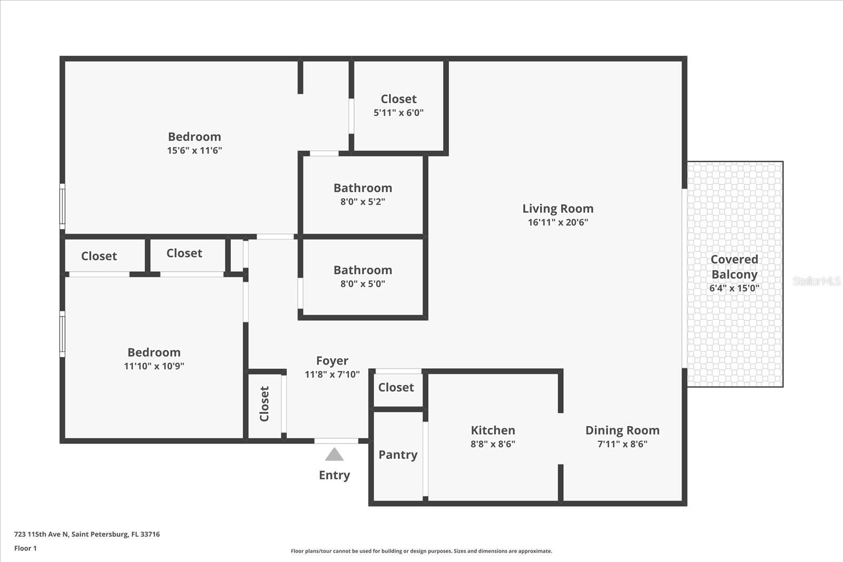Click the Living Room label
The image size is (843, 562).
coord(557,209)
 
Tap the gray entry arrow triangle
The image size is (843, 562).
coord(334,454)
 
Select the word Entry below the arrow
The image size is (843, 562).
coord(334,475)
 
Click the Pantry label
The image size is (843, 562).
coord(398,455)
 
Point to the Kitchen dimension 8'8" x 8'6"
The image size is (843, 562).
coord(493,444)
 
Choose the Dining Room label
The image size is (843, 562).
coord(622,430)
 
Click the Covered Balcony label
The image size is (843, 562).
coord(734,267)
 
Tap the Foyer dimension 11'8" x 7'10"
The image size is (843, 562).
coord(332,374)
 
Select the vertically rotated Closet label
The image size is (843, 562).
coord(264,404)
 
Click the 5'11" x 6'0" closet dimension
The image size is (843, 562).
coord(398,113)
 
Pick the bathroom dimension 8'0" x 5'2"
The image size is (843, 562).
coord(362,202)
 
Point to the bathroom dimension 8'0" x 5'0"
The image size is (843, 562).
coord(362,284)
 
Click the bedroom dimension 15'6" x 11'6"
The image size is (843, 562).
coord(194,151)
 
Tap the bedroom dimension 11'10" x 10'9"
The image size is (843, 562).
coord(154,366)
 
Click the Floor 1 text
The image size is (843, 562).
coord(25,548)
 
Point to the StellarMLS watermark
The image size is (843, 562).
coord(816,281)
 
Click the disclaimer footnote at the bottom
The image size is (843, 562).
coord(421,551)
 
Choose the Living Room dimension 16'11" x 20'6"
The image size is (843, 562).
coord(557,222)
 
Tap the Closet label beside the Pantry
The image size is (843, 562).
coord(396,388)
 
